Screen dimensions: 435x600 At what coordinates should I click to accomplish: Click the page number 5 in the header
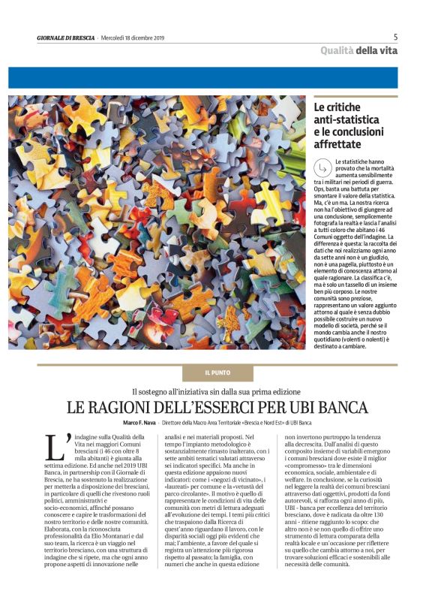(395, 37)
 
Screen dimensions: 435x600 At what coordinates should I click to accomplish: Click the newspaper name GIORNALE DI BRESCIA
(66, 38)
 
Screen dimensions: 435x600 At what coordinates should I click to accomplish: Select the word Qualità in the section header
(337, 51)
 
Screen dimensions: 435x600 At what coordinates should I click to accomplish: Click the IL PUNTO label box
(217, 373)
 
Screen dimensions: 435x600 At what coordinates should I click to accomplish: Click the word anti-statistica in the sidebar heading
(346, 119)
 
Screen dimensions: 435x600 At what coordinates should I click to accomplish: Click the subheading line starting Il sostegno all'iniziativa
(217, 391)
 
